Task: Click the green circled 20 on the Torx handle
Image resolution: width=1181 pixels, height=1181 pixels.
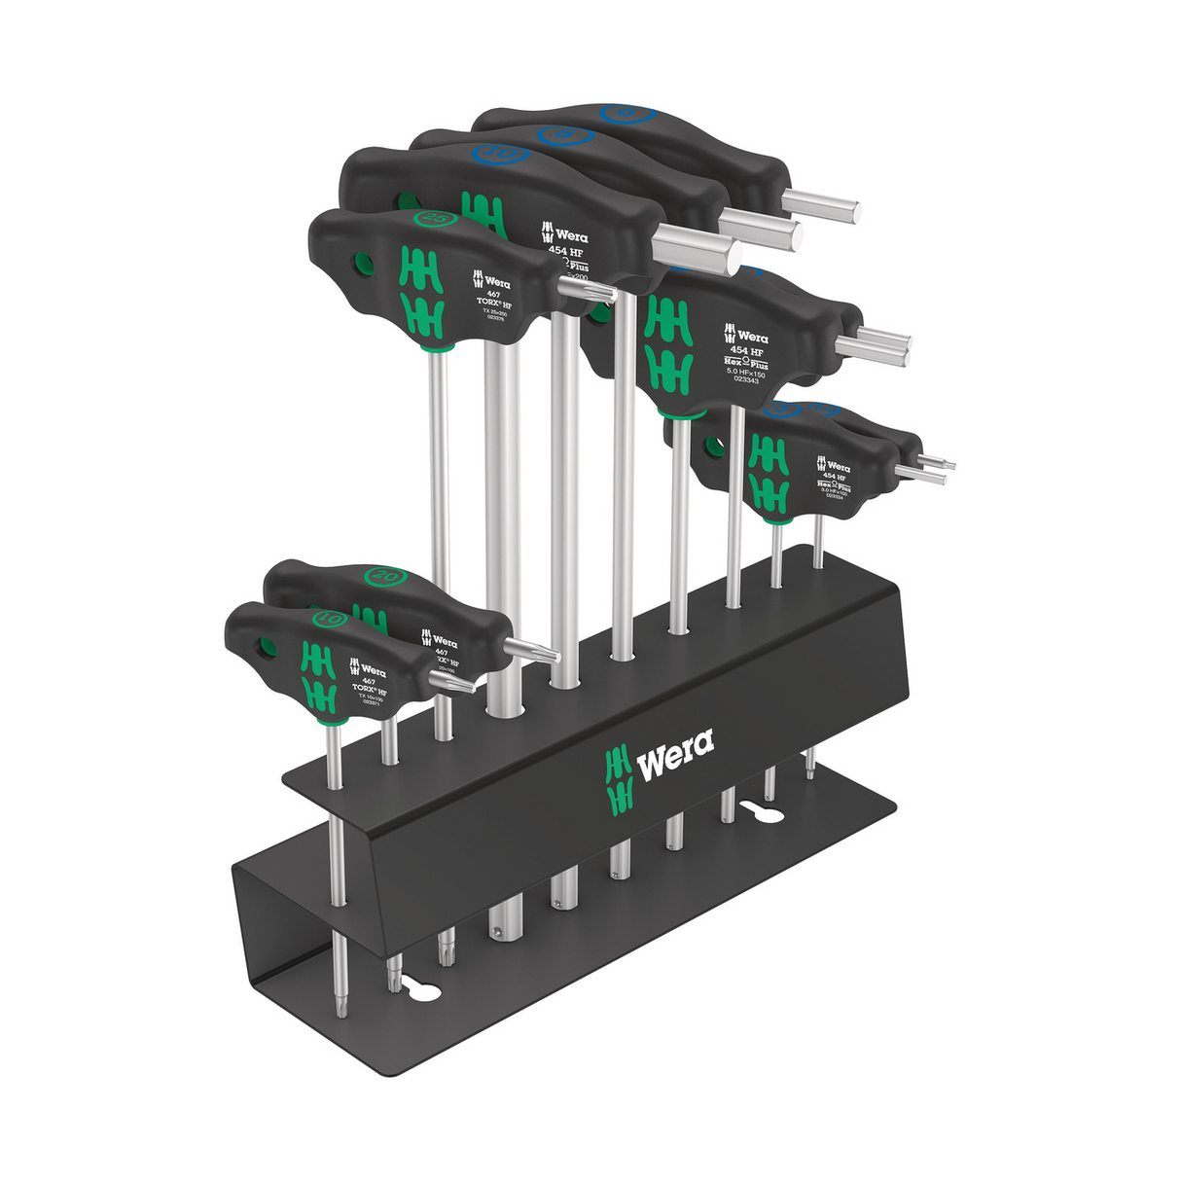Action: click(381, 576)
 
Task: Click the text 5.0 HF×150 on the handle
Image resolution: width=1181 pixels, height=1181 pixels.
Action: click(744, 374)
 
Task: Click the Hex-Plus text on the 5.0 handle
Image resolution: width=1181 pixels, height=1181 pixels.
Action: click(747, 361)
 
